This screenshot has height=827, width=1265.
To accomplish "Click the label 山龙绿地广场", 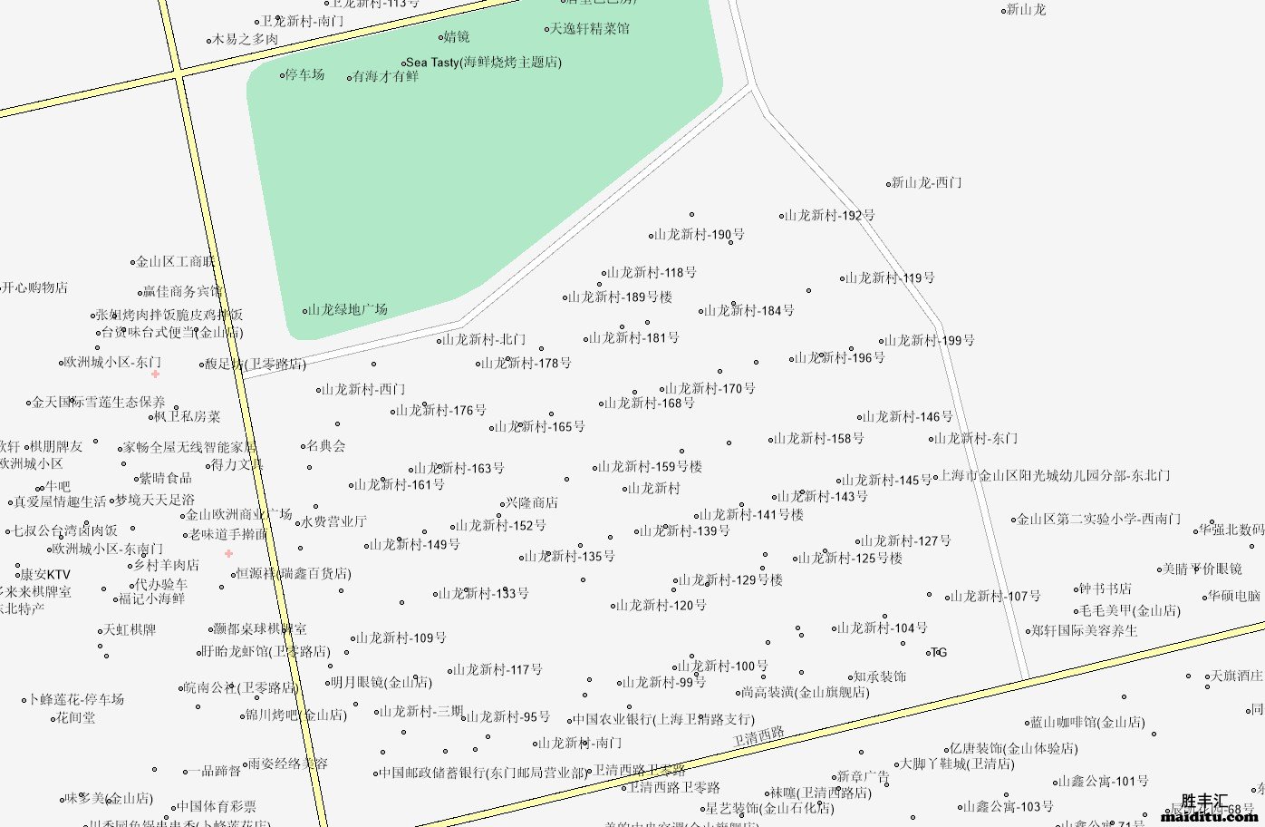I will tap(348, 310).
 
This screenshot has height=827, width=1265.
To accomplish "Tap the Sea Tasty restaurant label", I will tap(484, 63).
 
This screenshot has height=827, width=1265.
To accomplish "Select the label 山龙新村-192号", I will tap(830, 216).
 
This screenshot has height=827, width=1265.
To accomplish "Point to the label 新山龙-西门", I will tap(926, 183).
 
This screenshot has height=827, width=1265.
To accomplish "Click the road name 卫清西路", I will tap(758, 737).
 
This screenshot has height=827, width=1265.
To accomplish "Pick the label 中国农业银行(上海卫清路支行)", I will tap(663, 720).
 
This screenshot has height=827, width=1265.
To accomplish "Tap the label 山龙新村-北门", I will tap(484, 340).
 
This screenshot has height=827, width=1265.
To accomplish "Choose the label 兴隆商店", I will tap(532, 503).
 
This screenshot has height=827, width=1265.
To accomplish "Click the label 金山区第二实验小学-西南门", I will tap(1098, 520).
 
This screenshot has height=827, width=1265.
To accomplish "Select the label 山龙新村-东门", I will tap(976, 439).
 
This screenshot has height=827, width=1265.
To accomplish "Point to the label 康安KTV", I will tap(45, 575).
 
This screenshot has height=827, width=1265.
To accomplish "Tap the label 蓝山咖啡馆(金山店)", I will tap(1087, 723).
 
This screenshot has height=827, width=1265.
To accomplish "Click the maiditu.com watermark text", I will tap(1209, 817).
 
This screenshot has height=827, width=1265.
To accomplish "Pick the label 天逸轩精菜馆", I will tap(590, 29).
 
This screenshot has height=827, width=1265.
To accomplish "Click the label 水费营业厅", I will tap(334, 522).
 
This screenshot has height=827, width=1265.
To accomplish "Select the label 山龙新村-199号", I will tap(930, 341).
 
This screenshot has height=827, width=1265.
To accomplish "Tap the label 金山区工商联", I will tap(176, 262).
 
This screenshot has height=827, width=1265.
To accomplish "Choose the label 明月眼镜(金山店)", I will tap(381, 683).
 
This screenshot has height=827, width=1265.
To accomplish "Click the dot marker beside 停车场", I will tap(283, 75).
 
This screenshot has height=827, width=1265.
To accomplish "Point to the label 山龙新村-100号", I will tap(723, 666).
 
